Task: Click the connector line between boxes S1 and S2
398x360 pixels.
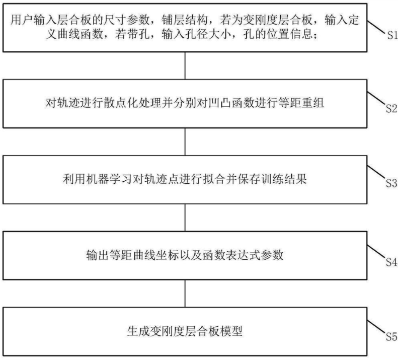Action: (x=187, y=66)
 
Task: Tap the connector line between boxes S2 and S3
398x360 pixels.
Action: (x=187, y=142)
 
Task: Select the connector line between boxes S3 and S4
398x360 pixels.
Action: (x=187, y=217)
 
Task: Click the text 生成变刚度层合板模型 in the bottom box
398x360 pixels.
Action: (x=187, y=332)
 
